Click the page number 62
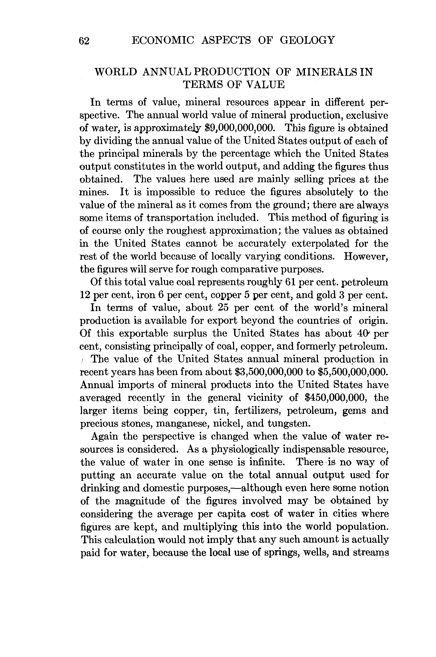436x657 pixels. pos(84,41)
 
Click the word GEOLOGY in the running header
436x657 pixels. pos(307,40)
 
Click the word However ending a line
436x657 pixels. pos(366,256)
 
